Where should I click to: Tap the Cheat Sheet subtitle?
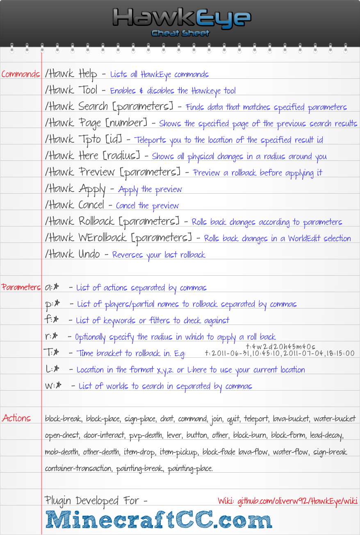point(180,33)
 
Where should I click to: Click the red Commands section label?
point(21,74)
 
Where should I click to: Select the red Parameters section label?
point(21,287)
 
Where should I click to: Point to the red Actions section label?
point(16,418)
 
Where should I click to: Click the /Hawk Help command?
point(71,74)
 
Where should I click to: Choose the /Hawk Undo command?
point(72,254)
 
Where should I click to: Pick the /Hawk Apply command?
point(75,189)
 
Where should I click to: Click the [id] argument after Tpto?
point(114,140)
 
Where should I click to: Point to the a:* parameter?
point(52,287)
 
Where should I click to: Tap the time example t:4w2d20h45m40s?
point(280,347)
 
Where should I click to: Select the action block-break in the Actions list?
point(64,419)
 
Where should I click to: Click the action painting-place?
point(190,468)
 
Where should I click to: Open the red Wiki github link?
point(287,501)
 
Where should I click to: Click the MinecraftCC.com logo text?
point(159,520)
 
